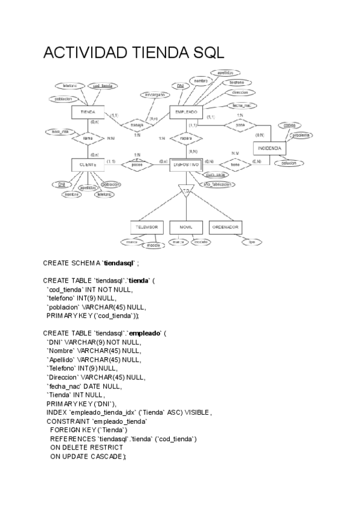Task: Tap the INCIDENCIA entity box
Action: coord(269,148)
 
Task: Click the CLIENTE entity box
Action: coord(88,163)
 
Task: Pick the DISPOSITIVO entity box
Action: coord(186,163)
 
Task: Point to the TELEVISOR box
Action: coord(146,227)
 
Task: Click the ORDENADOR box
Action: coord(226,227)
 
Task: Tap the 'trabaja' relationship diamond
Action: coord(137,125)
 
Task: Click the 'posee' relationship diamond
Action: coord(137,163)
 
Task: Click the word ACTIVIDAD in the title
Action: coord(83,54)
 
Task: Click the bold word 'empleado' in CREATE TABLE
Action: coord(146,333)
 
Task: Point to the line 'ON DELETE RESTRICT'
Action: coord(86,447)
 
